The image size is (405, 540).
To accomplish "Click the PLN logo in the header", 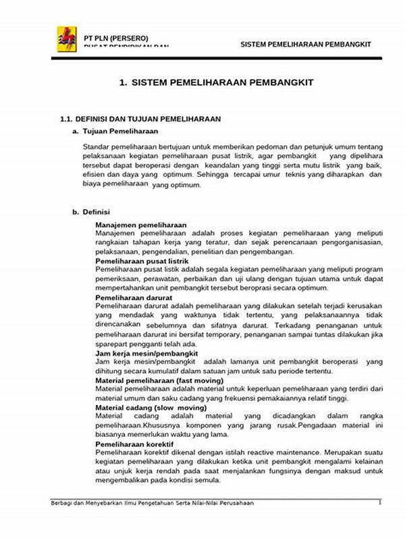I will tap(67, 38).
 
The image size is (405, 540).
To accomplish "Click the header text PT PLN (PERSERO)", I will tap(115, 38).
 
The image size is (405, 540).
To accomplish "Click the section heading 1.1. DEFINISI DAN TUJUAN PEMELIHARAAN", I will tap(140, 119).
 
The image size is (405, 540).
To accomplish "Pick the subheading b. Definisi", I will tap(91, 212).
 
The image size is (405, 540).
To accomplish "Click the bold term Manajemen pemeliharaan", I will tap(141, 224).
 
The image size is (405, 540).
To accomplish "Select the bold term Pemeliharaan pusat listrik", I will tap(142, 261).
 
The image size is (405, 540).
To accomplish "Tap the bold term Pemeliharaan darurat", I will tap(134, 297).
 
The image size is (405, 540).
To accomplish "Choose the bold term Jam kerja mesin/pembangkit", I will tap(146, 352).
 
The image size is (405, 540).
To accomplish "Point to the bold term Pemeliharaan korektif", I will tap(134, 445).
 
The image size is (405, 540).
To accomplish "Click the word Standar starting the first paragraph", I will tap(97, 146).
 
